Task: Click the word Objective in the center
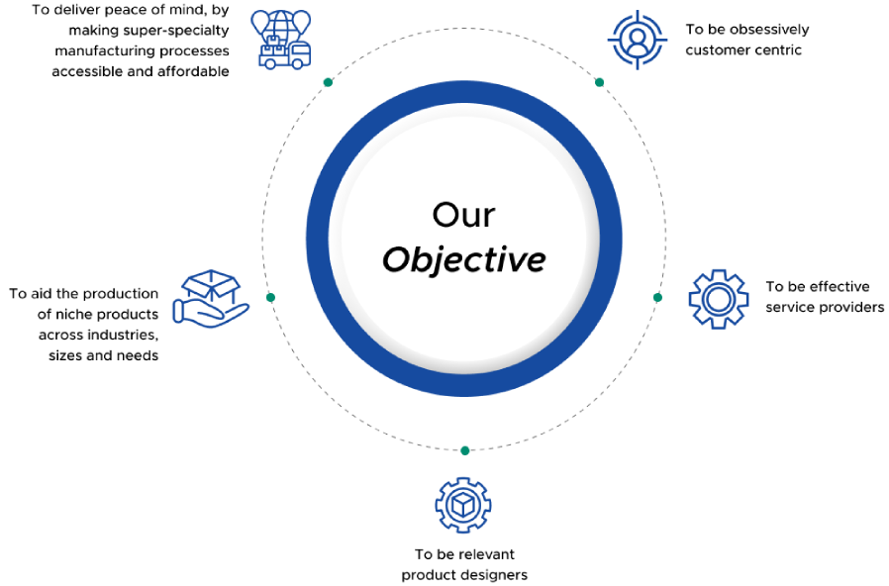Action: pyautogui.click(x=463, y=260)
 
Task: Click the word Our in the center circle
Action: pyautogui.click(x=463, y=216)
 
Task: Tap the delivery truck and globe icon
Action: pyautogui.click(x=282, y=40)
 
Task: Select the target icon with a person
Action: pyautogui.click(x=638, y=40)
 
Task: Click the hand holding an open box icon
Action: pyautogui.click(x=211, y=298)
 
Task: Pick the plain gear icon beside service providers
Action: pyautogui.click(x=719, y=299)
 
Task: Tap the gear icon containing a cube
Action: pyautogui.click(x=463, y=505)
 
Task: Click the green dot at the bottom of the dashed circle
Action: pyautogui.click(x=465, y=450)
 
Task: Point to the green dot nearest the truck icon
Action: pyautogui.click(x=328, y=82)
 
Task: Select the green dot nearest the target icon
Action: pyautogui.click(x=599, y=82)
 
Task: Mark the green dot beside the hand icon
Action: pyautogui.click(x=270, y=298)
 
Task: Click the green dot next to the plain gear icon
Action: pyautogui.click(x=657, y=298)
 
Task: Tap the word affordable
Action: pyautogui.click(x=193, y=71)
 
